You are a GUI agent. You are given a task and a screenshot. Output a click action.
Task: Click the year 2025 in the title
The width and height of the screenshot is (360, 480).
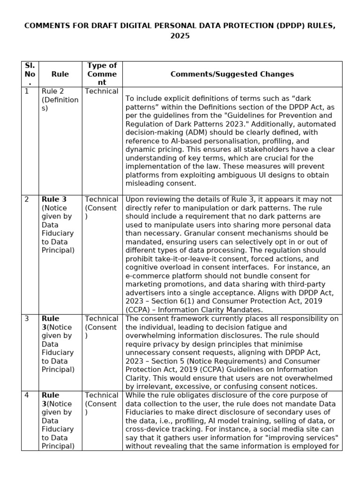180,36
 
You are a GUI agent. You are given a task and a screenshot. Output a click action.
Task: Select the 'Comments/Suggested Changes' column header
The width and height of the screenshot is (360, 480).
232,74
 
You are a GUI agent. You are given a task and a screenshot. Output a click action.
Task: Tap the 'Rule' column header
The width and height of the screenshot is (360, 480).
60,74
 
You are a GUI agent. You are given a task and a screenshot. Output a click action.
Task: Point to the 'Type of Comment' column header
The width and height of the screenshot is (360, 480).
102,74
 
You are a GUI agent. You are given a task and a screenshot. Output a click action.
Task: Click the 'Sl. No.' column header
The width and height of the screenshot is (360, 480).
30,74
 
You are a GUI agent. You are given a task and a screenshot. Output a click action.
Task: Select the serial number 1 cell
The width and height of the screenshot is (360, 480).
27,91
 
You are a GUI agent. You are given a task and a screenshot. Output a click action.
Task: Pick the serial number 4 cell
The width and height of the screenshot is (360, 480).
27,395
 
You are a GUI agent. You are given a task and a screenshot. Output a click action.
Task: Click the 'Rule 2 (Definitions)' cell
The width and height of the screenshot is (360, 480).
60,99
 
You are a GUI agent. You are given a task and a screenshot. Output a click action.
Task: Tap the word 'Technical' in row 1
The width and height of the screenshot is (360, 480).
102,91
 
